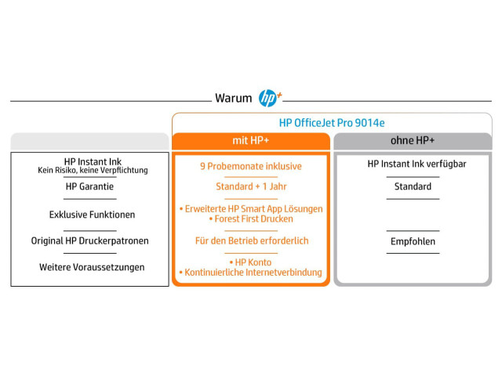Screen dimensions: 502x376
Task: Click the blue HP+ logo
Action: tap(270, 98)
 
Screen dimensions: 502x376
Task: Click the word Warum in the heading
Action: tap(234, 98)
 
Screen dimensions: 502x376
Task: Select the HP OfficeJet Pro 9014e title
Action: tap(332, 123)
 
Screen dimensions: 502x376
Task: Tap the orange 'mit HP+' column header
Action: tap(251, 141)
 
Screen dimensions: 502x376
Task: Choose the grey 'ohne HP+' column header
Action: tap(413, 141)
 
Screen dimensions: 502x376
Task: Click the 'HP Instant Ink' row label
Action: tap(93, 161)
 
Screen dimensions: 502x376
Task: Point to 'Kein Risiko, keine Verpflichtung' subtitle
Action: tap(93, 170)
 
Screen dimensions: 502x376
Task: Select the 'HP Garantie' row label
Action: tap(89, 186)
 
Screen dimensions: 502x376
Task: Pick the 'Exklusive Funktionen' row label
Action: tap(93, 215)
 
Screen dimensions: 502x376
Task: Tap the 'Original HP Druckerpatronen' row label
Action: tap(90, 240)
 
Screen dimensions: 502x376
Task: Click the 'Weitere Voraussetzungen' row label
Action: tap(92, 267)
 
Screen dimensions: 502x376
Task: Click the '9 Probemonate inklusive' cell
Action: tap(251, 166)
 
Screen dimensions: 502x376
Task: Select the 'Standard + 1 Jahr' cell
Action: tap(251, 186)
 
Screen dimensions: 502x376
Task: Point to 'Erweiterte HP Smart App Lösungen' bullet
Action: tap(251, 209)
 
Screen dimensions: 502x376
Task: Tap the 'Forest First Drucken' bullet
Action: tap(251, 219)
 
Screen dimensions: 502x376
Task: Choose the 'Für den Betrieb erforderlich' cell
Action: tap(252, 240)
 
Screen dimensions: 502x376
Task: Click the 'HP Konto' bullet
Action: tap(251, 262)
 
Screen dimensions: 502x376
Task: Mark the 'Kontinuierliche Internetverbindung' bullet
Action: tap(251, 273)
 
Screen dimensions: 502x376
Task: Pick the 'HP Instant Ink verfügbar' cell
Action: tap(417, 164)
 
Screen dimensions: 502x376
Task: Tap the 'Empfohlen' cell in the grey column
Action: tap(413, 241)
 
